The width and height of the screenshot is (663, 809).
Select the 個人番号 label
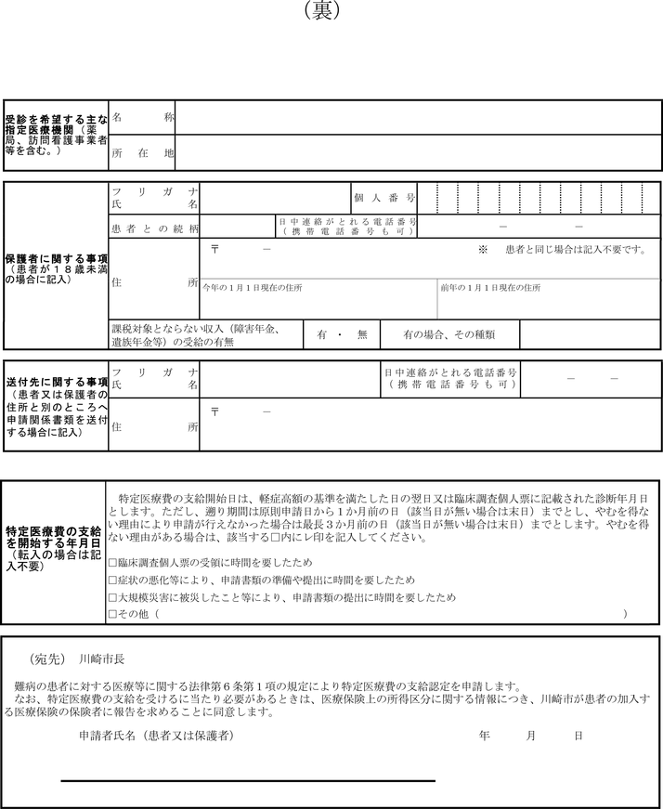(x=383, y=198)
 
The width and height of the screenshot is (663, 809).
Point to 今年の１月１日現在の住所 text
(x=252, y=288)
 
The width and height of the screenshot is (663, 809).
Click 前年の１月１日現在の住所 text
(x=490, y=288)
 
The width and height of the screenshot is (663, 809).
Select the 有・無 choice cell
(x=343, y=334)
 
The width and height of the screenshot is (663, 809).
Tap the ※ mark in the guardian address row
(x=483, y=250)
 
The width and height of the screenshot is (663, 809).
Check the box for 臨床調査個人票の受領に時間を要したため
(x=112, y=563)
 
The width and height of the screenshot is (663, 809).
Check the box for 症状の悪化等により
(x=112, y=580)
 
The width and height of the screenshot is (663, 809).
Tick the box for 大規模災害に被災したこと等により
(x=112, y=596)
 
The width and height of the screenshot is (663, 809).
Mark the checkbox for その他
(x=112, y=614)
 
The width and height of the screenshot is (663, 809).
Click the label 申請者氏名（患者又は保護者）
(x=155, y=736)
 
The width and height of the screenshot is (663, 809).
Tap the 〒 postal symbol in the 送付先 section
(x=214, y=410)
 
